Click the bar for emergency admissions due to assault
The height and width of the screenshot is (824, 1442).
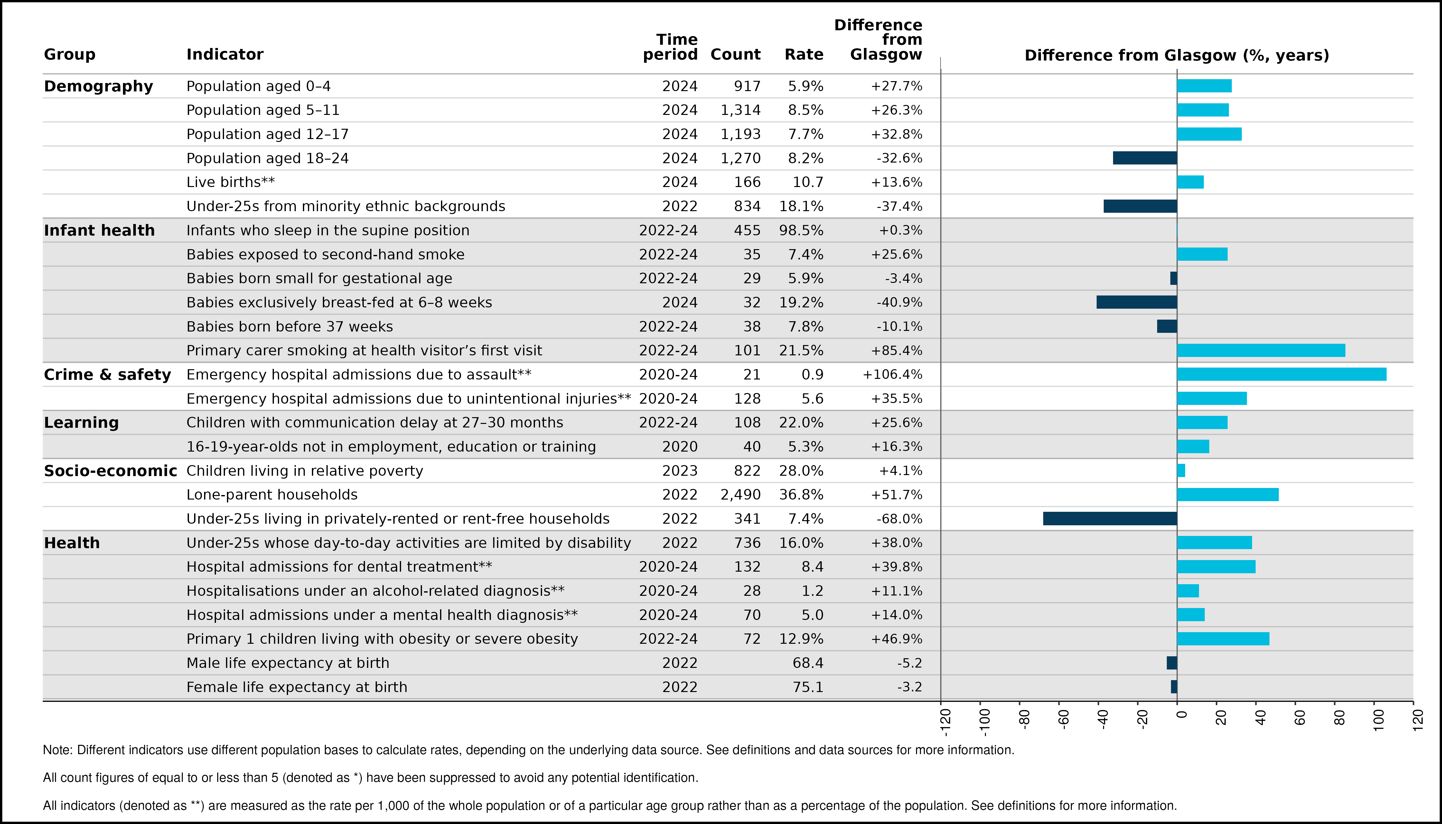[1281, 374]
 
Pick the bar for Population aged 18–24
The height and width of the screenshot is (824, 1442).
[1145, 158]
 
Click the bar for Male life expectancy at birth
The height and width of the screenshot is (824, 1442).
[1172, 663]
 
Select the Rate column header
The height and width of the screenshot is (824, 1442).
[804, 54]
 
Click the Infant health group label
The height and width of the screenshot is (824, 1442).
[99, 230]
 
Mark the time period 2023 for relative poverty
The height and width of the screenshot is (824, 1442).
[680, 471]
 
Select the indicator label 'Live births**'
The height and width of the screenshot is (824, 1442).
[230, 182]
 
